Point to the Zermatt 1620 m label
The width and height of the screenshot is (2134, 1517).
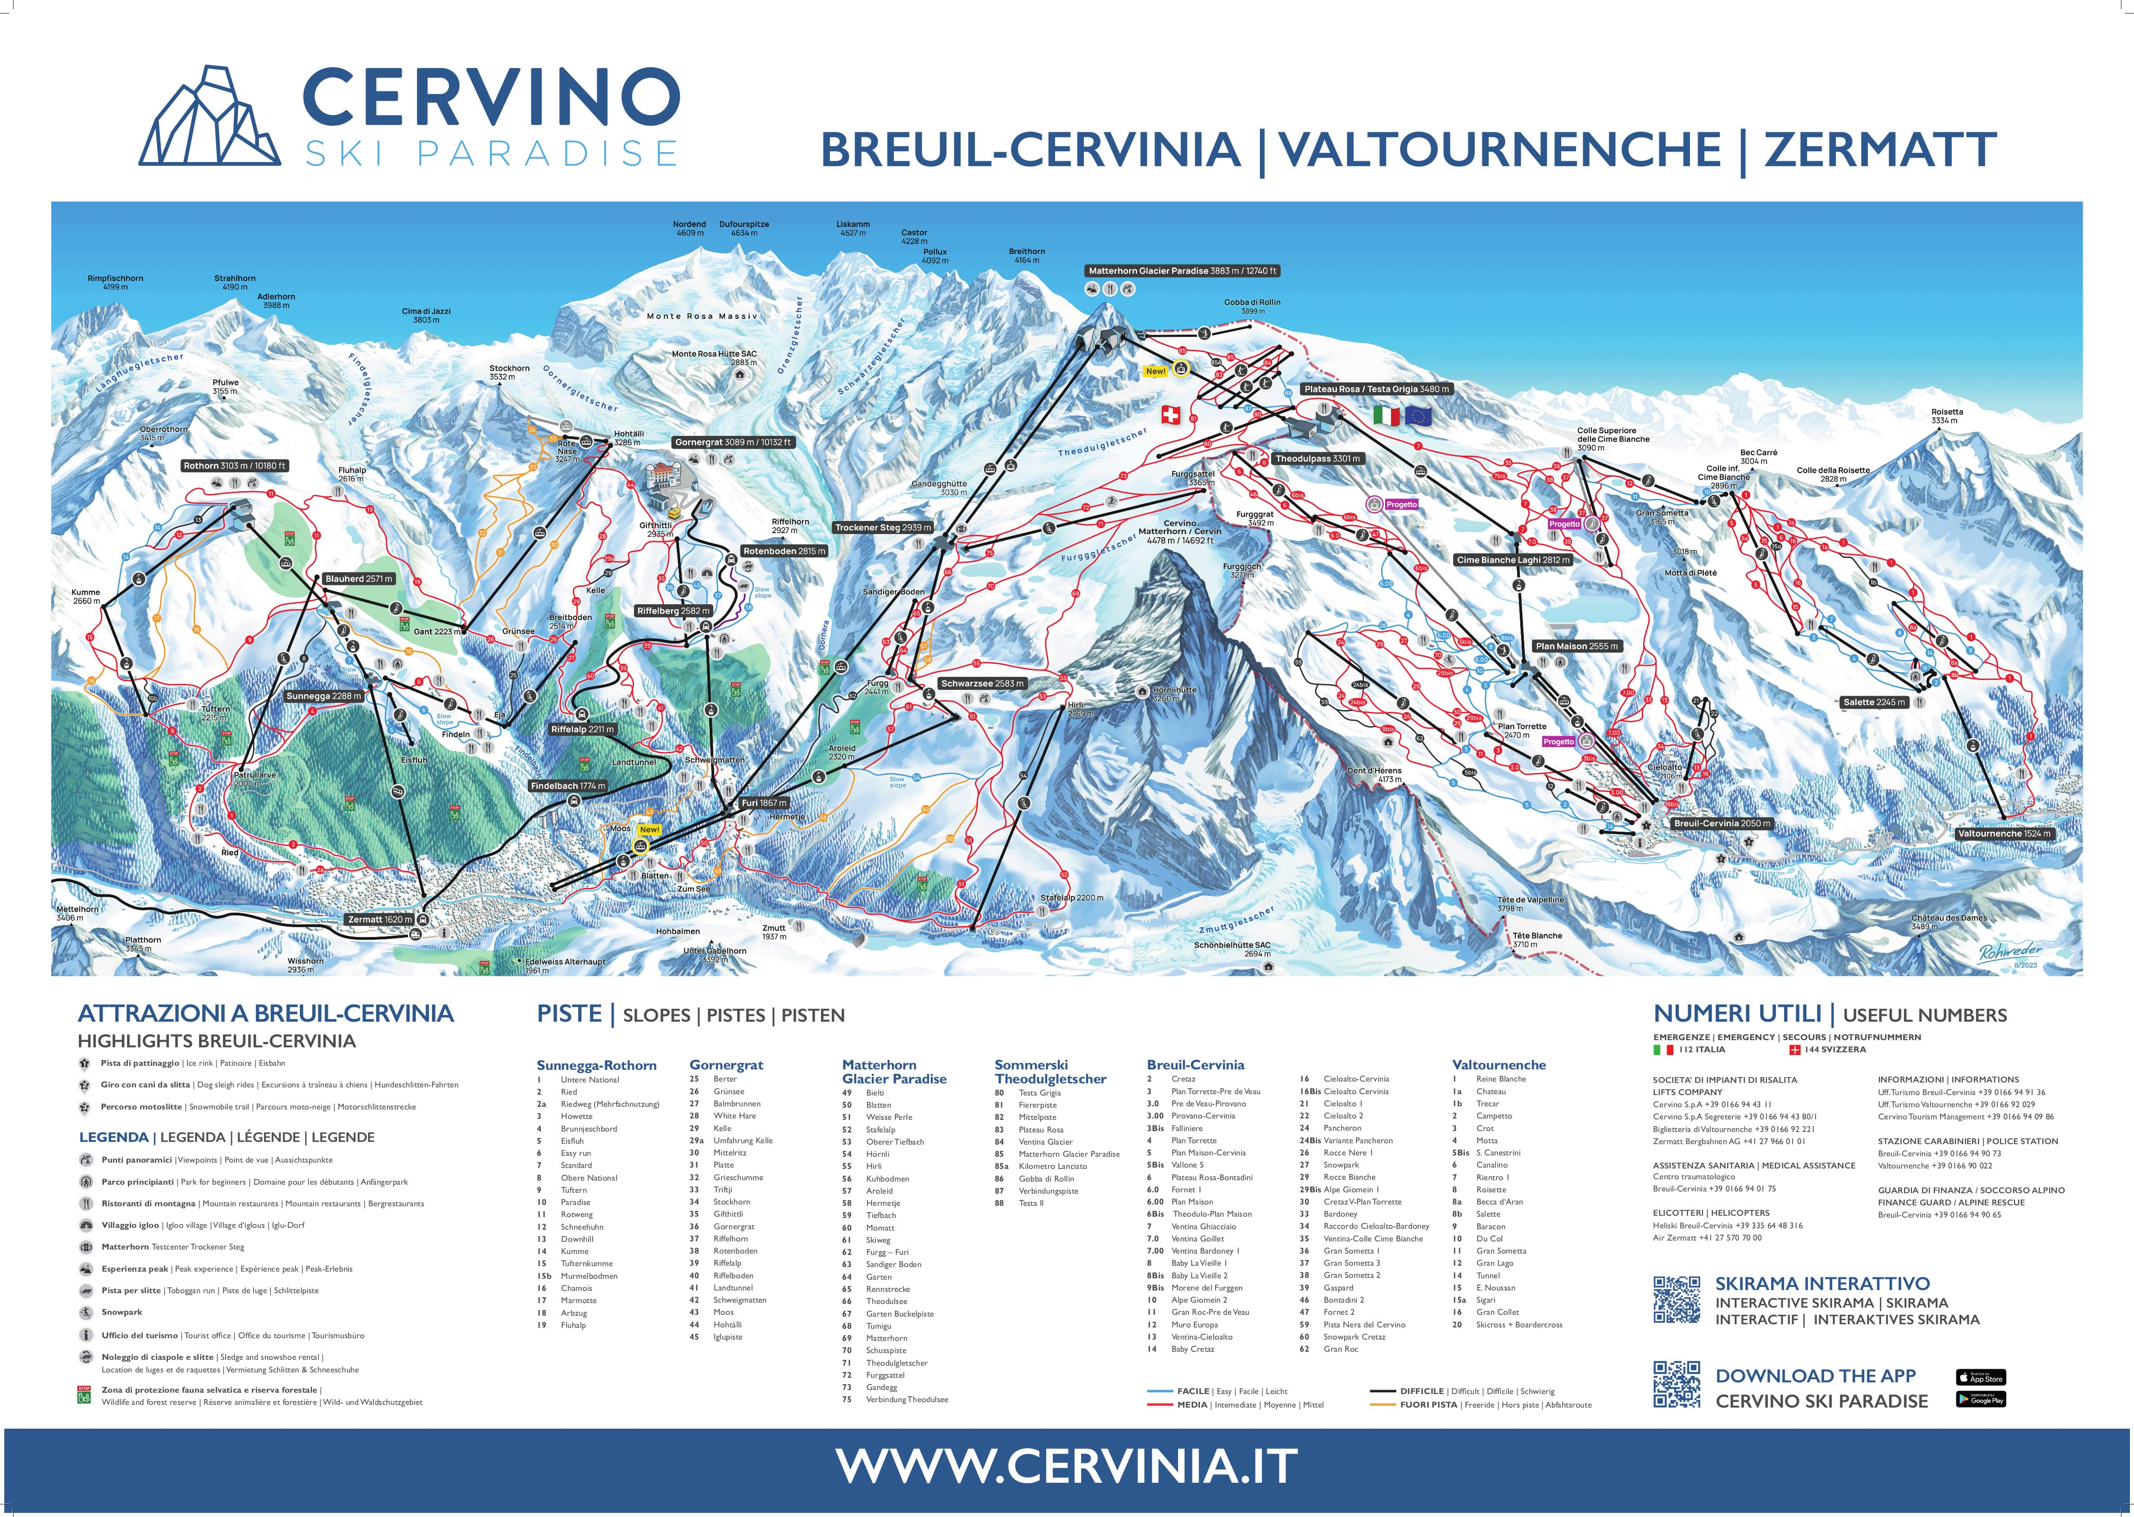point(379,919)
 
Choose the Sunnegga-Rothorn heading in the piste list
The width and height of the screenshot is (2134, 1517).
point(596,1065)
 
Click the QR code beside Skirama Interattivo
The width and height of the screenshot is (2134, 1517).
point(1676,1300)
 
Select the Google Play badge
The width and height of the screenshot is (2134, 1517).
point(1980,1399)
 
